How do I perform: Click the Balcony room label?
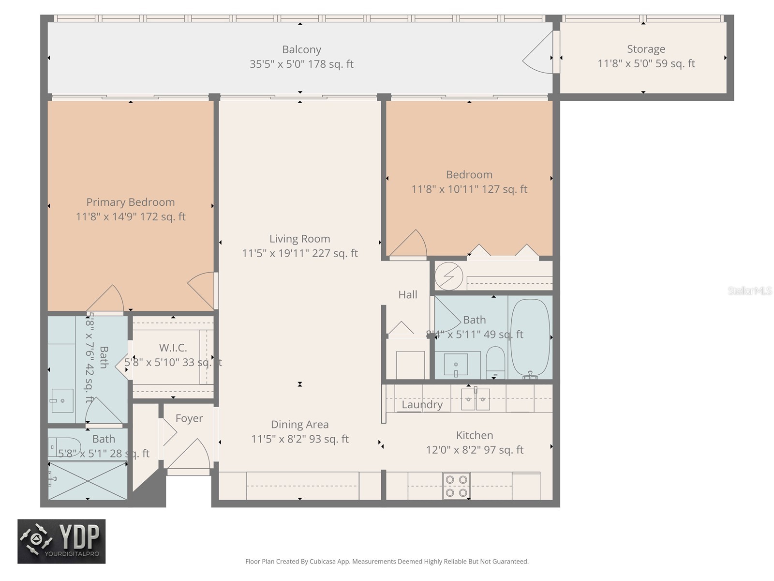click(x=301, y=50)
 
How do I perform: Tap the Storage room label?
click(x=646, y=49)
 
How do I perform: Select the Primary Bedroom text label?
click(x=131, y=202)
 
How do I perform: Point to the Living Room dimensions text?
click(x=300, y=253)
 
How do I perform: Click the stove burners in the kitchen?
click(x=457, y=486)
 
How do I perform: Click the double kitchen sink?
click(x=475, y=399)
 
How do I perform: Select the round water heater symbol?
click(x=449, y=276)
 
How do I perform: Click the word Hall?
click(x=408, y=294)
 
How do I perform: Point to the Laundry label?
click(x=422, y=405)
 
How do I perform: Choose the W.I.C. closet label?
click(x=173, y=348)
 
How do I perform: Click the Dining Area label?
click(x=300, y=425)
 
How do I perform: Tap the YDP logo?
click(x=61, y=541)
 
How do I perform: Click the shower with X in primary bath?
click(x=88, y=480)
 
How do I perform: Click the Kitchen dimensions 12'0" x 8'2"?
click(x=475, y=450)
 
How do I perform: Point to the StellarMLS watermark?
click(x=750, y=291)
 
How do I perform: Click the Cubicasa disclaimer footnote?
click(x=387, y=562)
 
